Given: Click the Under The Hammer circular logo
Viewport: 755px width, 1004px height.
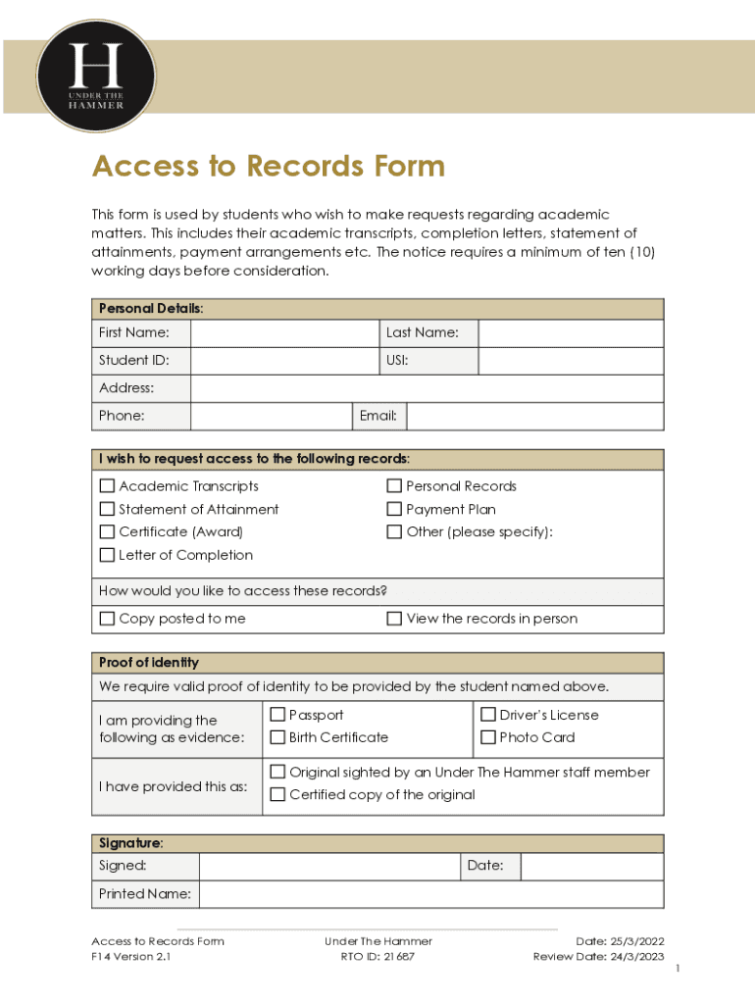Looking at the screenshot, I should pos(95,76).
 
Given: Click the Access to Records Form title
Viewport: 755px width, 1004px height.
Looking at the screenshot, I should pos(268,167).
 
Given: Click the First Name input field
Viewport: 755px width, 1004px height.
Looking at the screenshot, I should pos(281,333).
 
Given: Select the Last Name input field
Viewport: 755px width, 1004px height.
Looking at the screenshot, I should pos(570,333).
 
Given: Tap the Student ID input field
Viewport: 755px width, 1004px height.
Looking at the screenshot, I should pos(281,361).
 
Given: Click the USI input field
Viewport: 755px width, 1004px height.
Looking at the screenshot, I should pos(570,361).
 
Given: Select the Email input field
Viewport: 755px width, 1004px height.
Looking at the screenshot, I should pos(534,417).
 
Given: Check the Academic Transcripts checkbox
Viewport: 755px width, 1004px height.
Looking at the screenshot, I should pos(107,486).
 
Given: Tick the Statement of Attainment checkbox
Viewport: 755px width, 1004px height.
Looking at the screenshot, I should pos(107,510).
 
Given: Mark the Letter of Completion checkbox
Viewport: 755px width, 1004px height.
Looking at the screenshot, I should pos(107,555).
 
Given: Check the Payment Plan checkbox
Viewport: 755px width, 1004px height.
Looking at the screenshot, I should pos(394,510).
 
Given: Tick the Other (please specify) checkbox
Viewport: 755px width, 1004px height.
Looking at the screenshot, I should pos(394,532).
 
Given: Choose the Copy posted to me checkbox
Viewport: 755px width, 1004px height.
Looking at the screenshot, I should pos(107,619).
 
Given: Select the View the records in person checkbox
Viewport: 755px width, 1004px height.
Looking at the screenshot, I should pos(394,619).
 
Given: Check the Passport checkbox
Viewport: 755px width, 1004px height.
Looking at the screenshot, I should pos(277,715).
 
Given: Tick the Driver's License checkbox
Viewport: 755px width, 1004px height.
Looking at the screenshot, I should pos(487,715).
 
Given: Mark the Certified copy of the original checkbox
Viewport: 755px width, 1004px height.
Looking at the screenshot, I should pos(277,794).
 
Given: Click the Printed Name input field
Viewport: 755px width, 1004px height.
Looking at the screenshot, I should pos(430,894).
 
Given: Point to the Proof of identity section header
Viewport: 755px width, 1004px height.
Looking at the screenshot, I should pos(149,663).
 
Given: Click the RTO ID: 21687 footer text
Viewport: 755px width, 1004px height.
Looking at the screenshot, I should pos(377,957).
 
